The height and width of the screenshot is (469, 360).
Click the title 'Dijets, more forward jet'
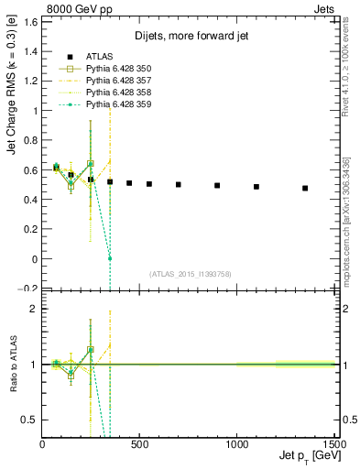coord(190,36)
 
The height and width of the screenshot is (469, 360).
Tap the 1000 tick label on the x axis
coord(238,444)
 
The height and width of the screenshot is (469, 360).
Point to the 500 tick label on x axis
coord(140,444)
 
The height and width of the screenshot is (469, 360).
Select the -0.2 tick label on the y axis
coord(27,289)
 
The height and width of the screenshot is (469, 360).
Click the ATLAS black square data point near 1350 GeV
coord(305,188)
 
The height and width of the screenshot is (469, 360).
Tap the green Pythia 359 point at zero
coord(110,258)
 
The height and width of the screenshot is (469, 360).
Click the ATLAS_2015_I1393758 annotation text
coord(189,274)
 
